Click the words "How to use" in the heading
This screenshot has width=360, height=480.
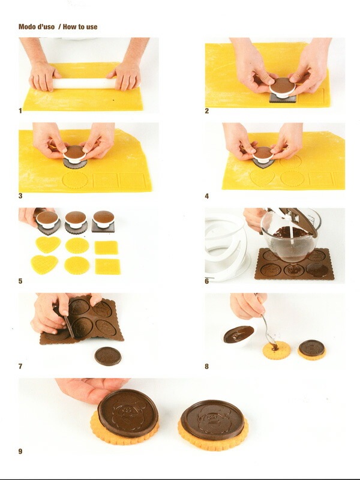(80, 27)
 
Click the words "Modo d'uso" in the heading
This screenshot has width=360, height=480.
(37, 27)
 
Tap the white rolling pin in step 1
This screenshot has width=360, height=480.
(84, 83)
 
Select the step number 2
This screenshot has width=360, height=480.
(207, 111)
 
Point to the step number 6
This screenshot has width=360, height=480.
(207, 281)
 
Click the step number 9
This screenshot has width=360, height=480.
(20, 451)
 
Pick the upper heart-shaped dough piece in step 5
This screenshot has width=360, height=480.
(47, 244)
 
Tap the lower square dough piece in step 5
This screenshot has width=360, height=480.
(107, 266)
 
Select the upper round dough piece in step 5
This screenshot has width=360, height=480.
(77, 245)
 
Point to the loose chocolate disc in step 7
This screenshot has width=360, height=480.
(107, 356)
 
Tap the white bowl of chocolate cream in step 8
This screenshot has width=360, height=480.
(238, 335)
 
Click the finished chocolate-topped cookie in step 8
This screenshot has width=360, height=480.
(311, 349)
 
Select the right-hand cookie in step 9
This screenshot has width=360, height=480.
(213, 424)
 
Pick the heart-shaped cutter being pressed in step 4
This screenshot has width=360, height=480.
(262, 157)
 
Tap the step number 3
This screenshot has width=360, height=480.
(20, 196)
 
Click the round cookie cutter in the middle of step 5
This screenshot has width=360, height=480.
(76, 221)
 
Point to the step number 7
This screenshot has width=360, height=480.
(20, 366)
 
